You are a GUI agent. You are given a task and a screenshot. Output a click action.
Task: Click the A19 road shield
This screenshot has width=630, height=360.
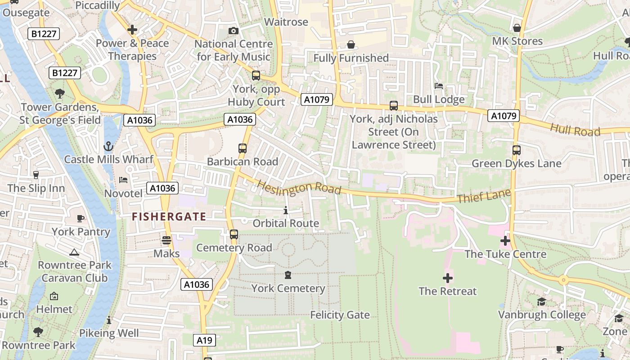point(204,340)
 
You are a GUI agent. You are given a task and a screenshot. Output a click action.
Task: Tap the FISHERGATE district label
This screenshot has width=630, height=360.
point(169,216)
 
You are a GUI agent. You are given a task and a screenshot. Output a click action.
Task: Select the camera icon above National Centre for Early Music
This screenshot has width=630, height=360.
point(233,31)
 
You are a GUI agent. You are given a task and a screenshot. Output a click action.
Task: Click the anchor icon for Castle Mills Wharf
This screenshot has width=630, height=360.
point(108,146)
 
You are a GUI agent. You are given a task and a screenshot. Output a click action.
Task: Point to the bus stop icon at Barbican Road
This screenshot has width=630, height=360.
point(243,148)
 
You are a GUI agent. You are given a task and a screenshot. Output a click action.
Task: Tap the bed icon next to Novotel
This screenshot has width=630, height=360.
point(123,180)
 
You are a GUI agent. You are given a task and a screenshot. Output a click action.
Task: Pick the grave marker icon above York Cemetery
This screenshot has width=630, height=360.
point(288,275)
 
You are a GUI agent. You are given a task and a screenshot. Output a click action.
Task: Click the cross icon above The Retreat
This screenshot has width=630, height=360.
point(448,278)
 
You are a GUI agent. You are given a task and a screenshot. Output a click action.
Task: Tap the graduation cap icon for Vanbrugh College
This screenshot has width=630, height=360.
point(541,301)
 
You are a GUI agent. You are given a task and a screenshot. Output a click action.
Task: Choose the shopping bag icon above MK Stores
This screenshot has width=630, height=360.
point(517,28)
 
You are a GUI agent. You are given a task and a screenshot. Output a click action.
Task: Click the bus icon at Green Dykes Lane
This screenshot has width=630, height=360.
point(516,150)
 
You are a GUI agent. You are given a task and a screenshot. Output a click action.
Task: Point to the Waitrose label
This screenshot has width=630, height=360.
point(286,22)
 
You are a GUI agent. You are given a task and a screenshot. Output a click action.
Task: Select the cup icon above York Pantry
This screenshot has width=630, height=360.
point(81,219)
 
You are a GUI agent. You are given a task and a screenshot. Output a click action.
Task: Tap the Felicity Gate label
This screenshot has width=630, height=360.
point(340,315)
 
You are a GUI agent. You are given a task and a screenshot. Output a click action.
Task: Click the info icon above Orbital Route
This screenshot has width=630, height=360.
point(286,210)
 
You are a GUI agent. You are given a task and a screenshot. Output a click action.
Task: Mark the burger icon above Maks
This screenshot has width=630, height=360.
point(166,240)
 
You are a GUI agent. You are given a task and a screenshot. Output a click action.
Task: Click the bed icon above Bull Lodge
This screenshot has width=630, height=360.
point(439,86)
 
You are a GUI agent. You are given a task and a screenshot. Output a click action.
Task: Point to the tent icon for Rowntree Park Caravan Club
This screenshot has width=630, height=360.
point(75,252)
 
